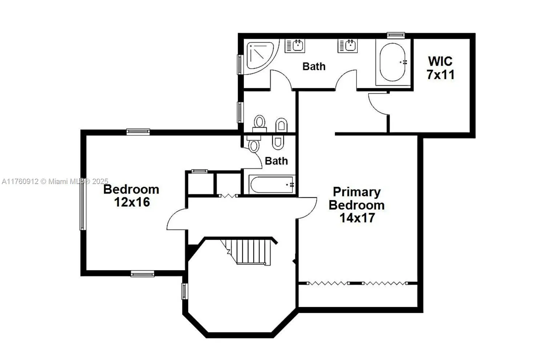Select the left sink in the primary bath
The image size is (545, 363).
coord(295,46)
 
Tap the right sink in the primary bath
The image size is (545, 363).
coord(348,46)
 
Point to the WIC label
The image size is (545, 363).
coord(440,61)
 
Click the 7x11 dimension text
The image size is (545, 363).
coord(440,75)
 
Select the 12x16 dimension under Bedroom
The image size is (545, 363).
coord(132,202)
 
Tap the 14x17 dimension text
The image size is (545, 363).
coord(357,218)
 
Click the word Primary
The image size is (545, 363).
coord(357,192)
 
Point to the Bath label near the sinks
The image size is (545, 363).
coord(314,66)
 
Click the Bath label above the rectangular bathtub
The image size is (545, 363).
coord(276,161)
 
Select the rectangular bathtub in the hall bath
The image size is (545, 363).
coord(272,185)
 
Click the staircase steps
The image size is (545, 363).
coord(251,251)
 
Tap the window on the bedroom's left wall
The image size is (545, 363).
coord(82,205)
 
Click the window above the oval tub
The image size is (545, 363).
coord(396,35)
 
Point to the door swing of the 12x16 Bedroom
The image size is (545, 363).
coord(177,220)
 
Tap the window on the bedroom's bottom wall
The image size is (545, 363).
coord(142,274)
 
